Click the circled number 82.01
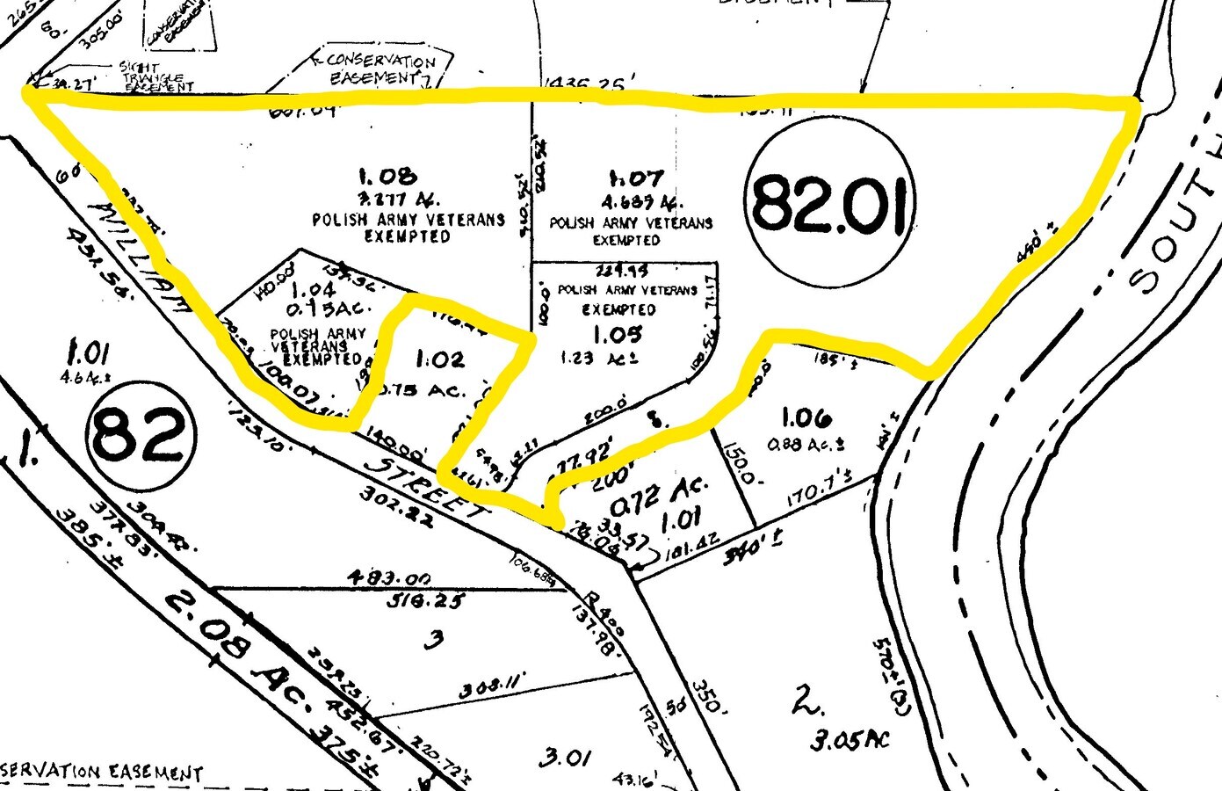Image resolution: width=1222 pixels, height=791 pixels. (x=830, y=204)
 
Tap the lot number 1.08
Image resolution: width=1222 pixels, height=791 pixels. (x=388, y=178)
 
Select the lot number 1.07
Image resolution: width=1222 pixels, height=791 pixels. (x=635, y=179)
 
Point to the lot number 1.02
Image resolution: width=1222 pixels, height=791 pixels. (x=439, y=359)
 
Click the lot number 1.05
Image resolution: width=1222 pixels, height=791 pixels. (x=617, y=334)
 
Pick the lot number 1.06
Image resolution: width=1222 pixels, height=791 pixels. (x=806, y=418)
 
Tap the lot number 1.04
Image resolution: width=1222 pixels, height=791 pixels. (x=312, y=289)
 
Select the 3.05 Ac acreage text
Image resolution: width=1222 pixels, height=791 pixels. (x=850, y=738)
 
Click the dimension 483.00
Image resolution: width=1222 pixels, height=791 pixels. (x=389, y=579)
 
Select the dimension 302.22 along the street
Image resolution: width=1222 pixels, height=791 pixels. (x=396, y=519)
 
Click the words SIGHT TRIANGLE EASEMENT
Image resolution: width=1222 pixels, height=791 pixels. (x=153, y=76)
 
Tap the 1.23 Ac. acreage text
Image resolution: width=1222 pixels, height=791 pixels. (x=598, y=359)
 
